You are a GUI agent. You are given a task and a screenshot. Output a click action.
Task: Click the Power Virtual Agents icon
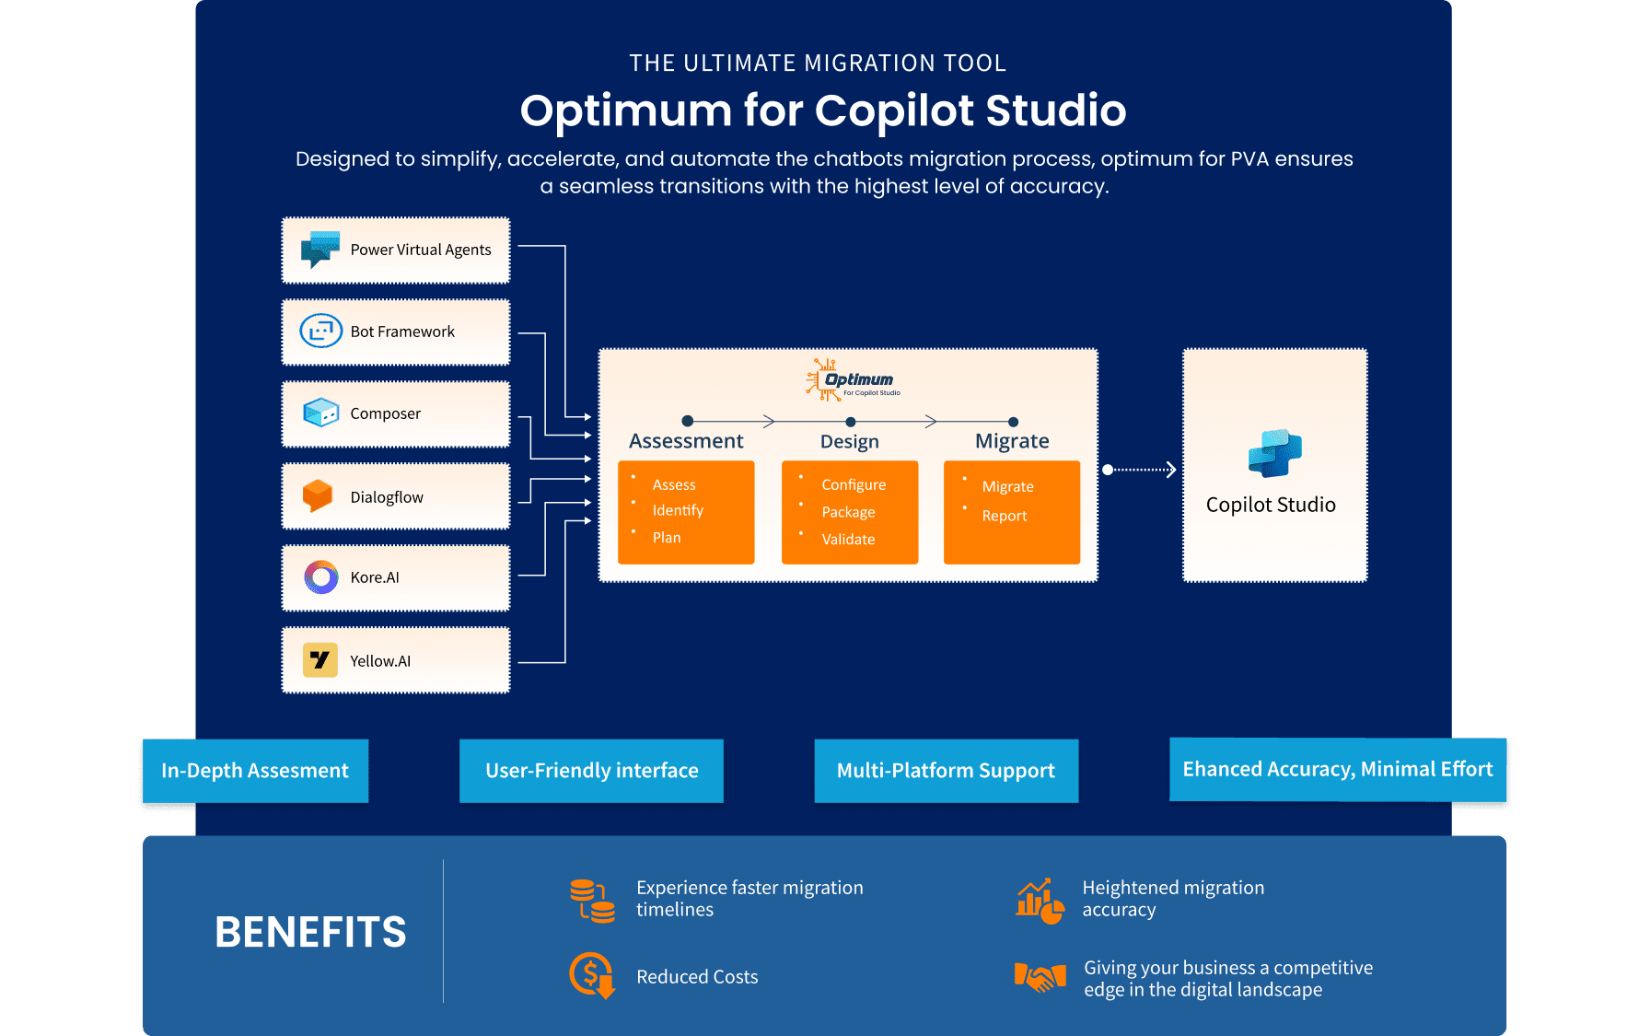coord(320,250)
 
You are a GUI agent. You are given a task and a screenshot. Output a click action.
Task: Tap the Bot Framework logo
coord(320,331)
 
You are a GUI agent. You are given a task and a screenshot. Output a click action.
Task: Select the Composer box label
coord(385,413)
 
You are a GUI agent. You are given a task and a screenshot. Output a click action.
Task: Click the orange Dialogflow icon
coord(318,495)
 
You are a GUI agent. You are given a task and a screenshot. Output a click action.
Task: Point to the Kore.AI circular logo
coord(320,577)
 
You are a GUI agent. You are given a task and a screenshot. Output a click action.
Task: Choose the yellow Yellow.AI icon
coord(320,660)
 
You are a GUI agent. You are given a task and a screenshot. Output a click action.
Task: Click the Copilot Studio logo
coord(1274,454)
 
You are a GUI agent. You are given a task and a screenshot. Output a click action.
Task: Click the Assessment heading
coord(686,441)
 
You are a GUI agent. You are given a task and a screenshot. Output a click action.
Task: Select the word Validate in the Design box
coord(848,540)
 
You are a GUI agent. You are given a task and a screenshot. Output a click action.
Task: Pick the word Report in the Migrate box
coord(1004,516)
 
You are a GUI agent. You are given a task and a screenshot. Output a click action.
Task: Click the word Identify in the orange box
coord(678,510)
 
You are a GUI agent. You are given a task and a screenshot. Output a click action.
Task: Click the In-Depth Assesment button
coord(255,771)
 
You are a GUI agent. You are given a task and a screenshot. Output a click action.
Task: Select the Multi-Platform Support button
coord(946,771)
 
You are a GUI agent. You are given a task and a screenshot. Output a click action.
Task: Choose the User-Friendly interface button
coord(591,771)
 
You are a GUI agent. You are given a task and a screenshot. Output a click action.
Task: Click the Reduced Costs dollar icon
coord(591,975)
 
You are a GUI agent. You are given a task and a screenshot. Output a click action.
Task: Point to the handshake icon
coord(1040,977)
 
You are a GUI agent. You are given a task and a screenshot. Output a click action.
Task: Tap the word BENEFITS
coord(310,932)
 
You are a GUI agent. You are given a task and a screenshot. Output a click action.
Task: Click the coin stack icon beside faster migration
coord(591,900)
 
